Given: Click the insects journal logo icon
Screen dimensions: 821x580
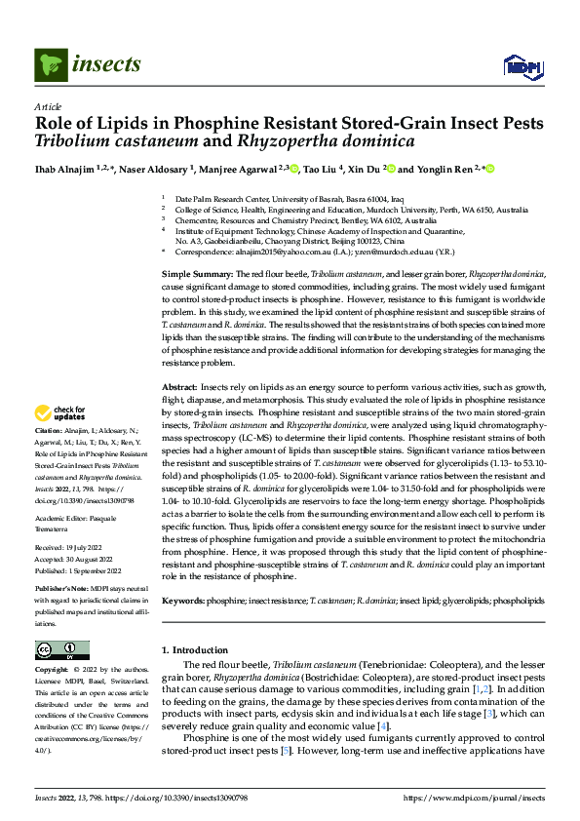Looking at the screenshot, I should pos(51,65).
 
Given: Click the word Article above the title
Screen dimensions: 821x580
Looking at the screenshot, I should pos(48,106).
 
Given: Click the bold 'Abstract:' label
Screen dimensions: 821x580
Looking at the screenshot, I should pos(179,388).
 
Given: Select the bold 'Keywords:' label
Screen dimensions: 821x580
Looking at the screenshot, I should pos(183,602).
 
